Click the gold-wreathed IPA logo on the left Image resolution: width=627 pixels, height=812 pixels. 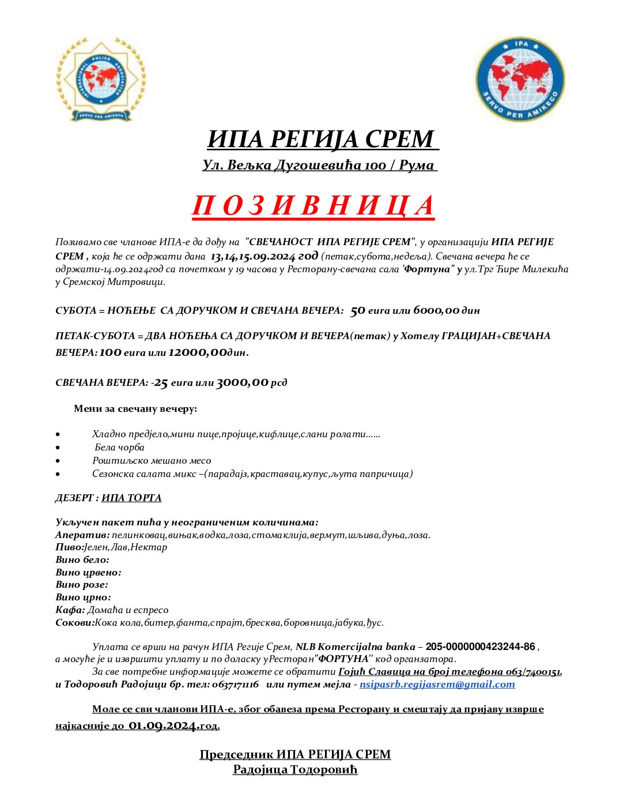[101, 80]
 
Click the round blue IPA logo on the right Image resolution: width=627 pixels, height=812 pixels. [520, 80]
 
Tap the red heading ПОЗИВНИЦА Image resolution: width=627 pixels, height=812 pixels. [313, 206]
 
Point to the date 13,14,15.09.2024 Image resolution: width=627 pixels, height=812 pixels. [253, 256]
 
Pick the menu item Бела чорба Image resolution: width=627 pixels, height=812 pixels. [119, 448]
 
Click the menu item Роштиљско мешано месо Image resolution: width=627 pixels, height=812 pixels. [152, 461]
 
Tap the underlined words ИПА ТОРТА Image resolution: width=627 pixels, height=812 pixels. [131, 498]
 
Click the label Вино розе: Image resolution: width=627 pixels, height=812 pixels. [82, 585]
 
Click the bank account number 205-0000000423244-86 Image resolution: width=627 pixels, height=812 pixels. [480, 647]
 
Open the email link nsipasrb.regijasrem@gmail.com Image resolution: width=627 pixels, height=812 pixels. [437, 685]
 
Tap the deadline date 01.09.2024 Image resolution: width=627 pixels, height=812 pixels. [163, 725]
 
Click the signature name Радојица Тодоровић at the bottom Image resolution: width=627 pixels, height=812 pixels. [295, 769]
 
